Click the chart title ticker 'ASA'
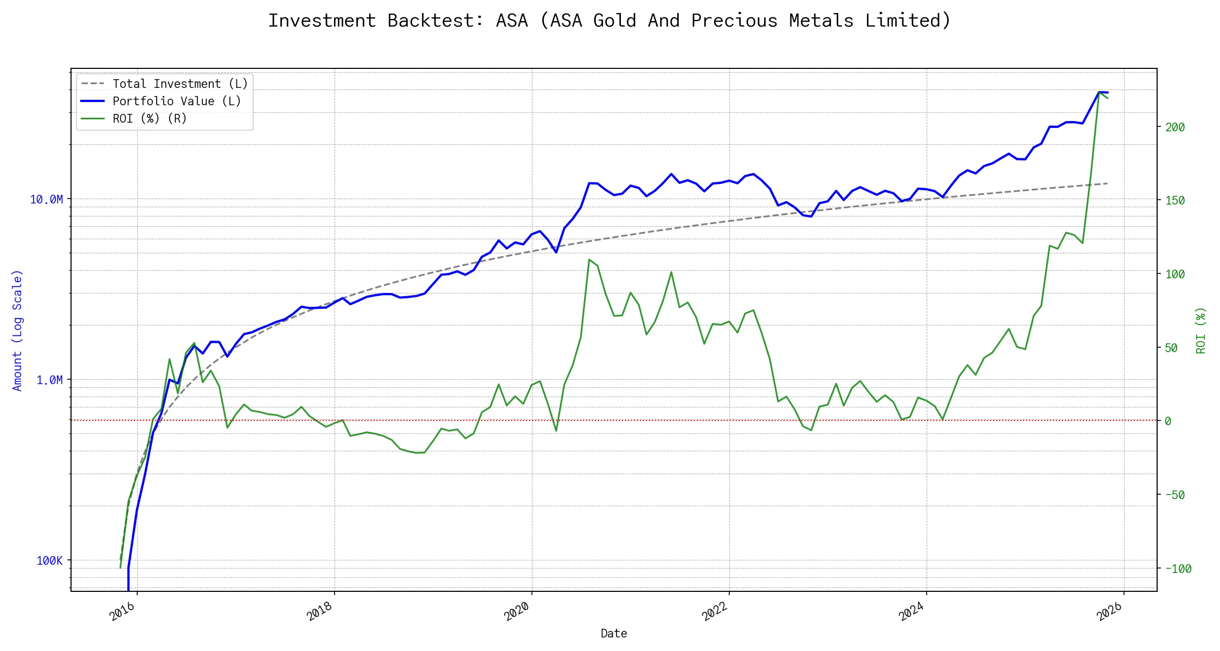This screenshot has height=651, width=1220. (511, 21)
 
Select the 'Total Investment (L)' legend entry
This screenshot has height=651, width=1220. (179, 84)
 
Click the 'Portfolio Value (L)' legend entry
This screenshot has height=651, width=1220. (176, 101)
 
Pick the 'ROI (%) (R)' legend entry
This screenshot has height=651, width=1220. (149, 119)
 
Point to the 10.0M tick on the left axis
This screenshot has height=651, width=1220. (46, 200)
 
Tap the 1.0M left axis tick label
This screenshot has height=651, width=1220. (49, 380)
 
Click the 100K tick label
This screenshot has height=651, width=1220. (49, 561)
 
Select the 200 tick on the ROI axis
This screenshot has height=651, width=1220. (1175, 127)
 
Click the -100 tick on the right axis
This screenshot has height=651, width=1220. (1178, 569)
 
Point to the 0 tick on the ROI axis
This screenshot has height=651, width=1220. (1168, 422)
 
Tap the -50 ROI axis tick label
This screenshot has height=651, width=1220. (1175, 495)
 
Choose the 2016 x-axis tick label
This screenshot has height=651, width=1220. (122, 612)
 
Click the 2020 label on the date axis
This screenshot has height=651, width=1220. (517, 612)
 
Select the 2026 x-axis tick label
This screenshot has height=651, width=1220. (1109, 612)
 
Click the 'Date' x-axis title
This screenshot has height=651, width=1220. (614, 634)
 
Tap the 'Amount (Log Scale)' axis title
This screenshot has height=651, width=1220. (17, 330)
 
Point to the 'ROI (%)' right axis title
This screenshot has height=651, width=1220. (1201, 330)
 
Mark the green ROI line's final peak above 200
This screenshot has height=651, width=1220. (1099, 92)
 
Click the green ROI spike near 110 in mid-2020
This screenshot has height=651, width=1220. (589, 260)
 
